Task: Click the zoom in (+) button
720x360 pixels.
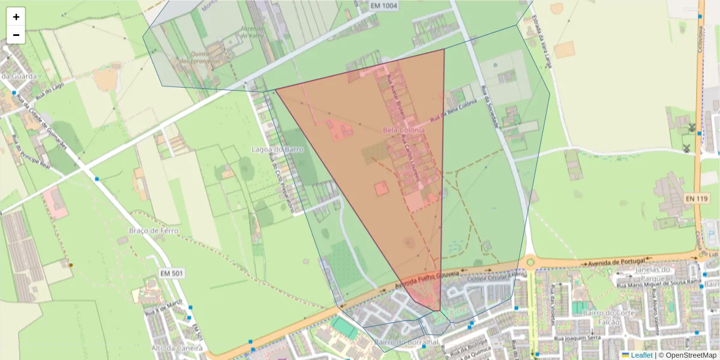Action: [16, 17]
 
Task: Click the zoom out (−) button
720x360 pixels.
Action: [16, 35]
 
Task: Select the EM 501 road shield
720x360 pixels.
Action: [172, 274]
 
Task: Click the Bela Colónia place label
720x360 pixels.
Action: [403, 130]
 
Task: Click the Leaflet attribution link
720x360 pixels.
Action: [641, 355]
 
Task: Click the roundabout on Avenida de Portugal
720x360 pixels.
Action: [530, 262]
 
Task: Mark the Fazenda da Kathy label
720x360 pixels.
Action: [253, 31]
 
